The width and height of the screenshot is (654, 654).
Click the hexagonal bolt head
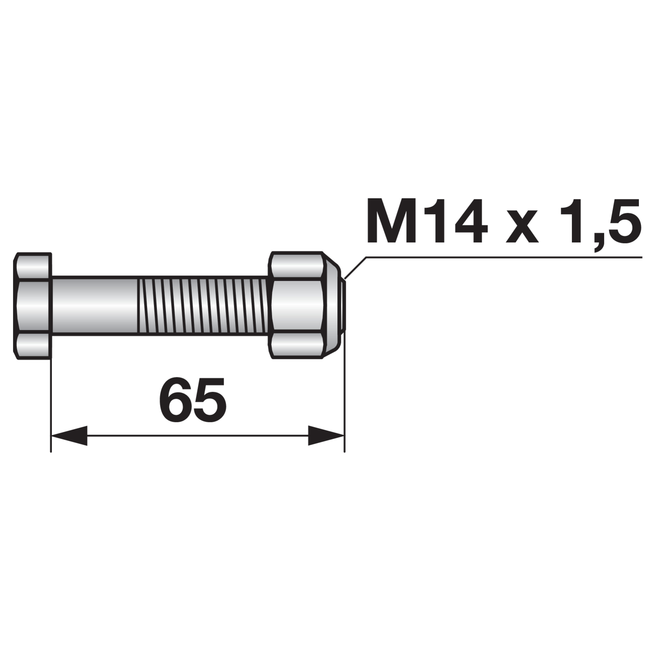click(33, 306)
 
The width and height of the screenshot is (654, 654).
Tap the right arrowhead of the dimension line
click(326, 436)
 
